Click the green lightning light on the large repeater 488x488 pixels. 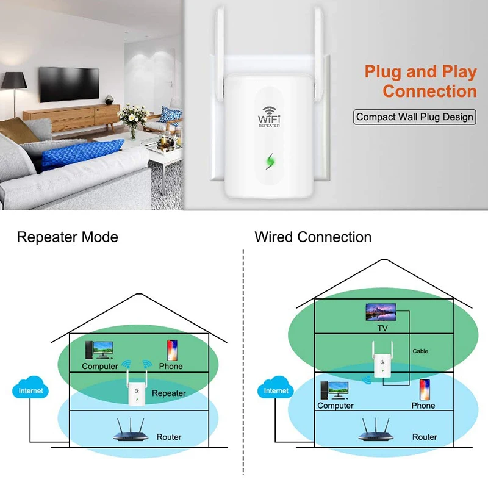click(270, 161)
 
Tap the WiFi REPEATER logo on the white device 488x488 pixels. click(268, 115)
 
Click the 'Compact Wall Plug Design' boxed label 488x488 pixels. click(415, 117)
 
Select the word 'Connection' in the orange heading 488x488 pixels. click(429, 91)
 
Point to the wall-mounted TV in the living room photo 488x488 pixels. click(69, 84)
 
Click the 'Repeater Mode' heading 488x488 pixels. click(67, 237)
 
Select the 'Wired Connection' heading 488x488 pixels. click(313, 237)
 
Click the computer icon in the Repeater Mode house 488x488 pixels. click(99, 350)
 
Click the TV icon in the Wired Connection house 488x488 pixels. click(382, 312)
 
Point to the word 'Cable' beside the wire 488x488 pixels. click(420, 351)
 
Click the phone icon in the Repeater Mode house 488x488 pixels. click(171, 350)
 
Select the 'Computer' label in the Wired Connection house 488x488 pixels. click(335, 406)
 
